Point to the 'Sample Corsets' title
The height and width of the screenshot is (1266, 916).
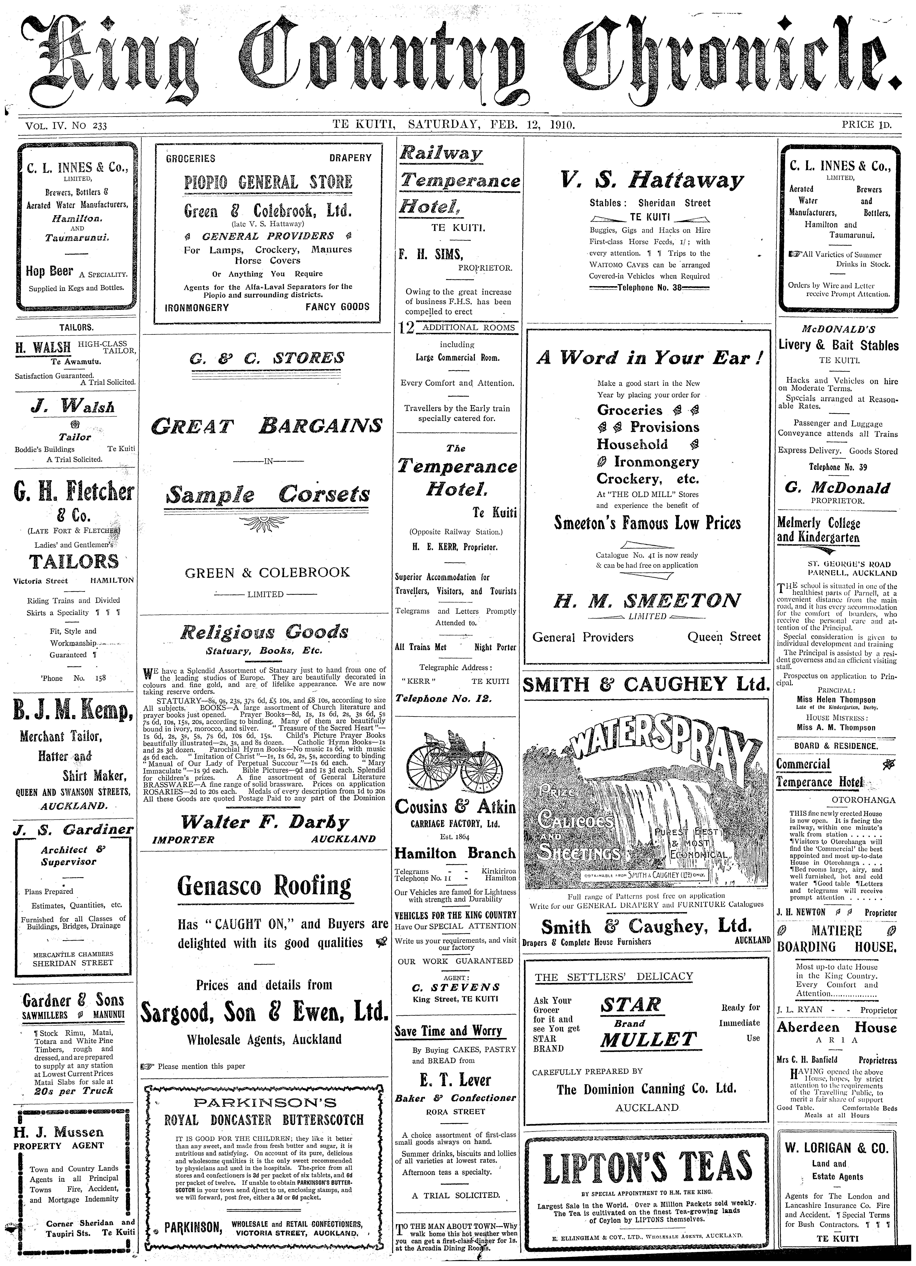click(268, 495)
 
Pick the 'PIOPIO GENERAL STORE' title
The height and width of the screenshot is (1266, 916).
click(268, 182)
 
